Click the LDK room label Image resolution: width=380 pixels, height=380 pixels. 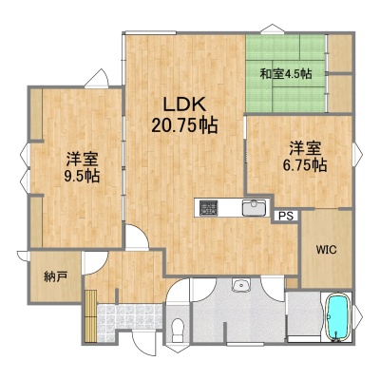click(x=184, y=104)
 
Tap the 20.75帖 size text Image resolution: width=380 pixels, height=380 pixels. click(x=184, y=125)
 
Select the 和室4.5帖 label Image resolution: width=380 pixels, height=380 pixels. click(x=286, y=74)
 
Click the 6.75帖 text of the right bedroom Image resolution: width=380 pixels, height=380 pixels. click(x=305, y=165)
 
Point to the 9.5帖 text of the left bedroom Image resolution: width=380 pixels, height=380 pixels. click(x=82, y=176)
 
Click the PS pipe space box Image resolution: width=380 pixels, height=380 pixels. click(x=286, y=216)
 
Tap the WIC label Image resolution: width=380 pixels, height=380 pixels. click(x=326, y=250)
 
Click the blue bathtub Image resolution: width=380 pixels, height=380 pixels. click(x=338, y=317)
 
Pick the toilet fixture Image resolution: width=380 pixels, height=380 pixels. click(x=179, y=330)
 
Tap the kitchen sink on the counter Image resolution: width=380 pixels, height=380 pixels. click(x=255, y=207)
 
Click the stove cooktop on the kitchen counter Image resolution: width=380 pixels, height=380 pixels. click(x=208, y=208)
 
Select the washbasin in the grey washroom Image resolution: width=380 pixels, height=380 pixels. click(x=241, y=285)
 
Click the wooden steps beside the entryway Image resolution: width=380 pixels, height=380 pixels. click(x=90, y=316)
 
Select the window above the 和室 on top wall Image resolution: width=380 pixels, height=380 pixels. click(x=273, y=29)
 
